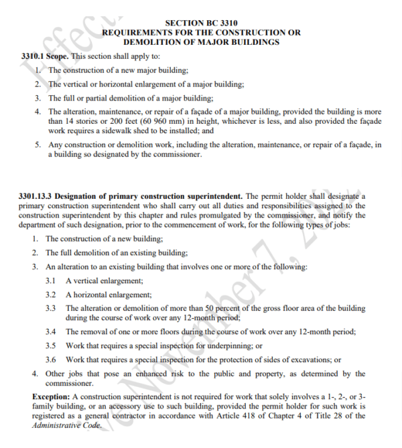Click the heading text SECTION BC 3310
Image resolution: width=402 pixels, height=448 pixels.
(x=201, y=23)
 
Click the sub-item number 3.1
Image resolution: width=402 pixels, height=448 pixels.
(x=50, y=281)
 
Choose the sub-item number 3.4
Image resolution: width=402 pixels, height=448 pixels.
(x=50, y=331)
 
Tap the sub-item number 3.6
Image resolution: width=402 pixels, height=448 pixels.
(x=50, y=360)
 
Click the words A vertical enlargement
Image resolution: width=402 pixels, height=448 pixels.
(x=105, y=281)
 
